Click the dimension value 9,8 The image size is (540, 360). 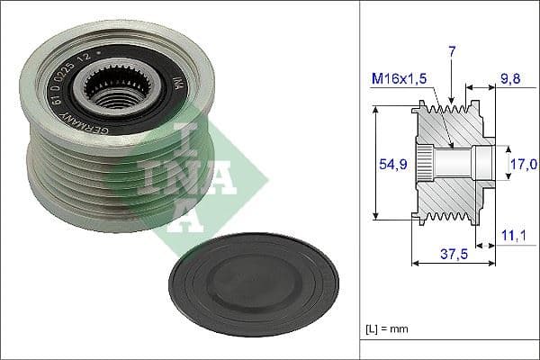coord(510,79)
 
